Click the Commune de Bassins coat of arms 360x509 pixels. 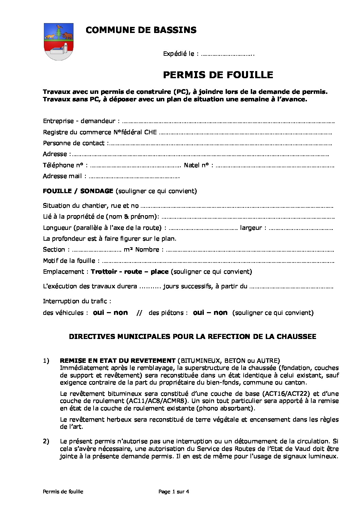(x=59, y=41)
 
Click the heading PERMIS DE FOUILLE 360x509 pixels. (x=218, y=75)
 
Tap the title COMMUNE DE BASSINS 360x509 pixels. (x=141, y=30)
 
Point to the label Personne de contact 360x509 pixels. (x=74, y=143)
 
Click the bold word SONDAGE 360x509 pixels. (x=97, y=191)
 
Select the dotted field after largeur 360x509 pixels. (x=301, y=228)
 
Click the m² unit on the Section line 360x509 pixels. (x=128, y=250)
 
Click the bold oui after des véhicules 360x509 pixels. (x=98, y=312)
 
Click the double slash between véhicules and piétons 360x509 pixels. (x=139, y=313)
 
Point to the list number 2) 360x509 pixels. (x=46, y=441)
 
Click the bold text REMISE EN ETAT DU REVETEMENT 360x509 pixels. (x=117, y=360)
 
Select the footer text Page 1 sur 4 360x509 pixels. (x=174, y=491)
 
